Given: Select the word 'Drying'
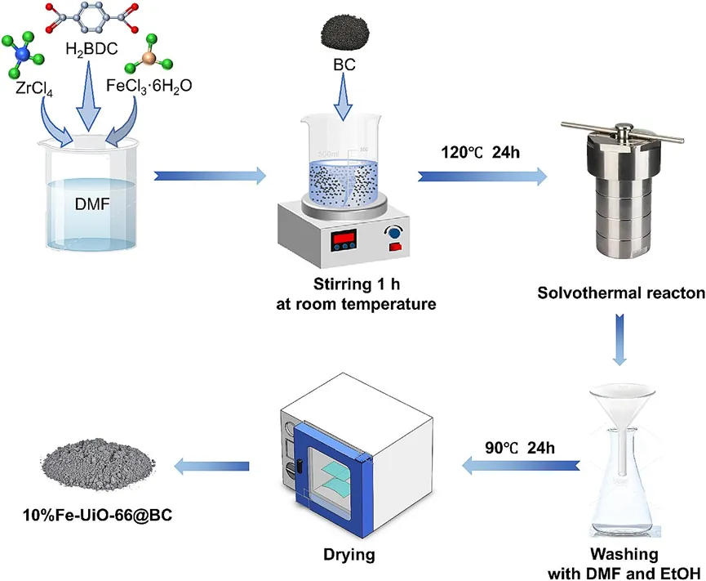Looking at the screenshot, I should [x=347, y=556].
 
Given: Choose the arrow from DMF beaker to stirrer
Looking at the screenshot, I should [x=210, y=174].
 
